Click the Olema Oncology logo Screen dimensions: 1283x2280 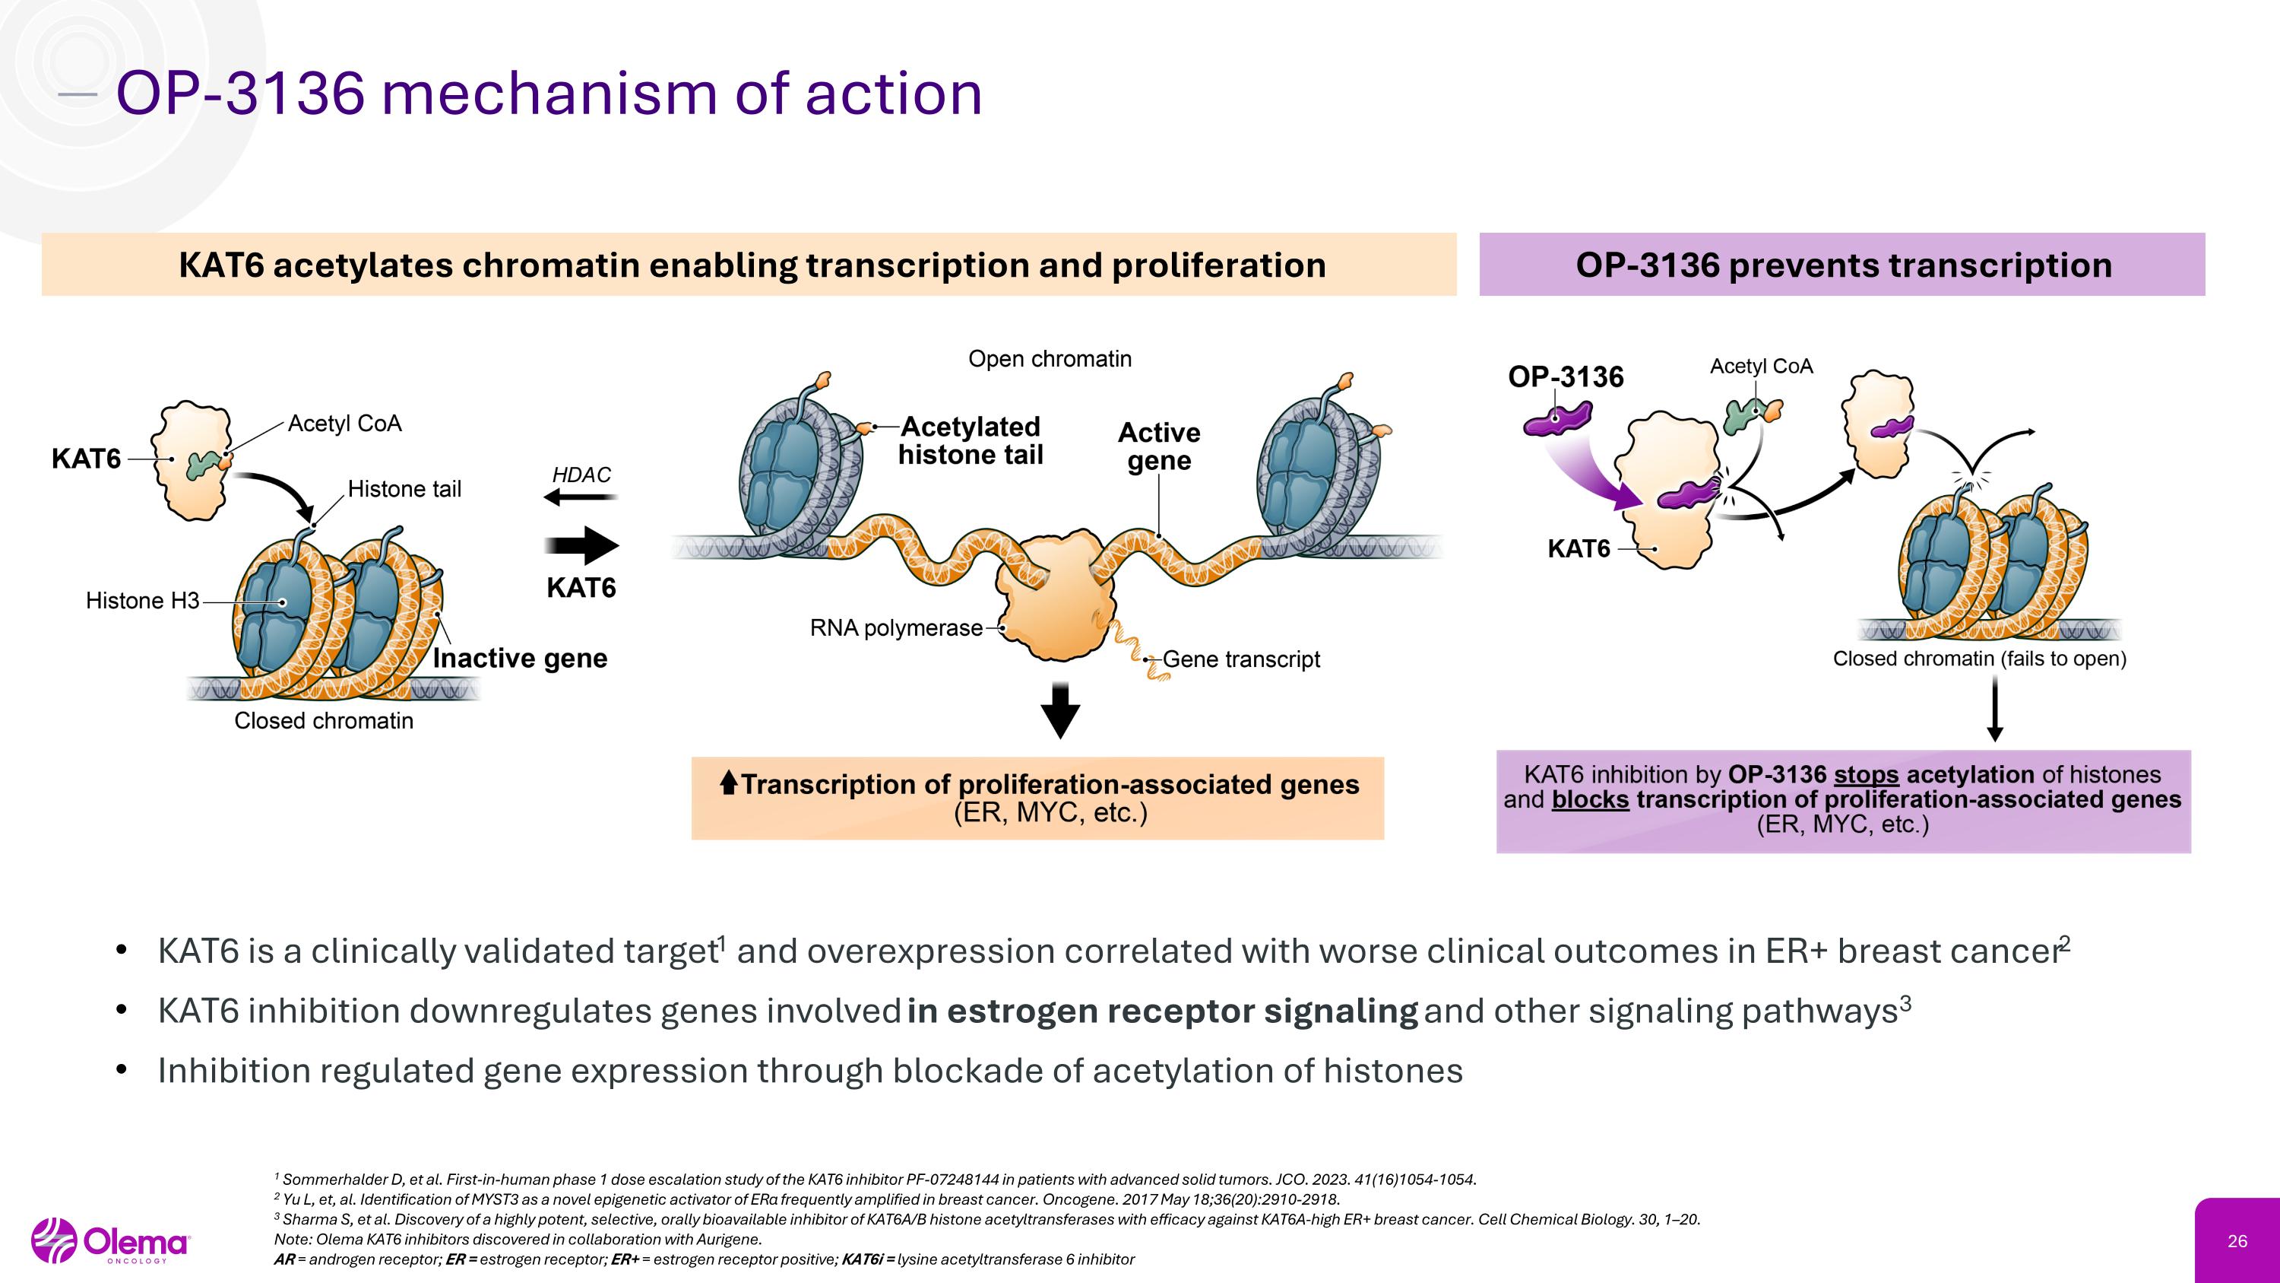pyautogui.click(x=111, y=1241)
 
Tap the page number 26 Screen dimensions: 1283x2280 pyautogui.click(x=2237, y=1241)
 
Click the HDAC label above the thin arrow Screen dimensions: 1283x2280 pyautogui.click(x=581, y=475)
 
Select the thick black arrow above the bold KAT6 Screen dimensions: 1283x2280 pyautogui.click(x=581, y=545)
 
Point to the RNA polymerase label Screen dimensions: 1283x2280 pyautogui.click(x=896, y=627)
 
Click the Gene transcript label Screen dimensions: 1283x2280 pyautogui.click(x=1241, y=659)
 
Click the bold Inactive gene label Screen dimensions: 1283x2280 pyautogui.click(x=520, y=658)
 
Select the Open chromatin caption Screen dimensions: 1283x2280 pyautogui.click(x=1050, y=359)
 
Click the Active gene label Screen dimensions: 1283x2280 pyautogui.click(x=1158, y=446)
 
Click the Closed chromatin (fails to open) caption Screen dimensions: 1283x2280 pyautogui.click(x=1979, y=659)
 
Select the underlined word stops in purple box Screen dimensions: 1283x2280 pyautogui.click(x=1866, y=775)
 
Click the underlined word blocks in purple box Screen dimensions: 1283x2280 pyautogui.click(x=1590, y=799)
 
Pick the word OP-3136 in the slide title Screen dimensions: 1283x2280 pyautogui.click(x=240, y=93)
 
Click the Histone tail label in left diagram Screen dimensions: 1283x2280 pyautogui.click(x=404, y=489)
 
